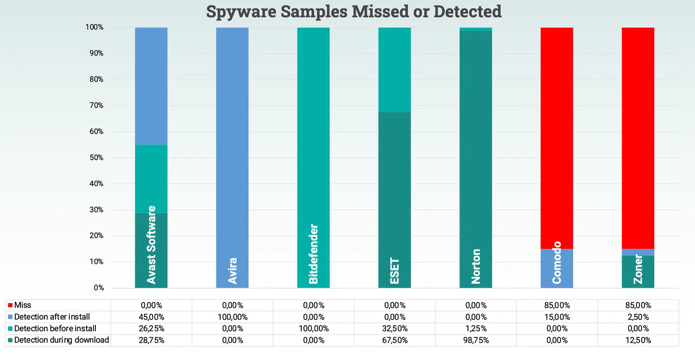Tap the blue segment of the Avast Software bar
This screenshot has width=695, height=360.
151,86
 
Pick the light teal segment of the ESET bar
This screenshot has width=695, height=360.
394,69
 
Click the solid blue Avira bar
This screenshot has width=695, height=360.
232,139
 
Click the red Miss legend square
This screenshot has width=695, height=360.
10,305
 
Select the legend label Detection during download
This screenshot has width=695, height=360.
62,340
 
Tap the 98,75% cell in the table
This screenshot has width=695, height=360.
475,340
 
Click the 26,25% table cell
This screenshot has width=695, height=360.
151,328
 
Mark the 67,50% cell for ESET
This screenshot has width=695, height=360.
394,340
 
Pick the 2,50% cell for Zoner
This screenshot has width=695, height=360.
638,317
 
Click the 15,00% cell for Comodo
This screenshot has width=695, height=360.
556,317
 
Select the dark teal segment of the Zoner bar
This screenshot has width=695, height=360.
638,276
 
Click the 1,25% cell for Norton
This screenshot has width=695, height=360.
475,328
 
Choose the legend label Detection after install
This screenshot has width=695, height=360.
52,317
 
